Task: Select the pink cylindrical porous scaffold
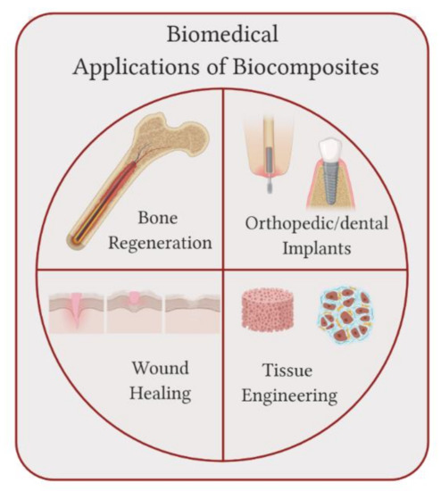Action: [268, 316]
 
